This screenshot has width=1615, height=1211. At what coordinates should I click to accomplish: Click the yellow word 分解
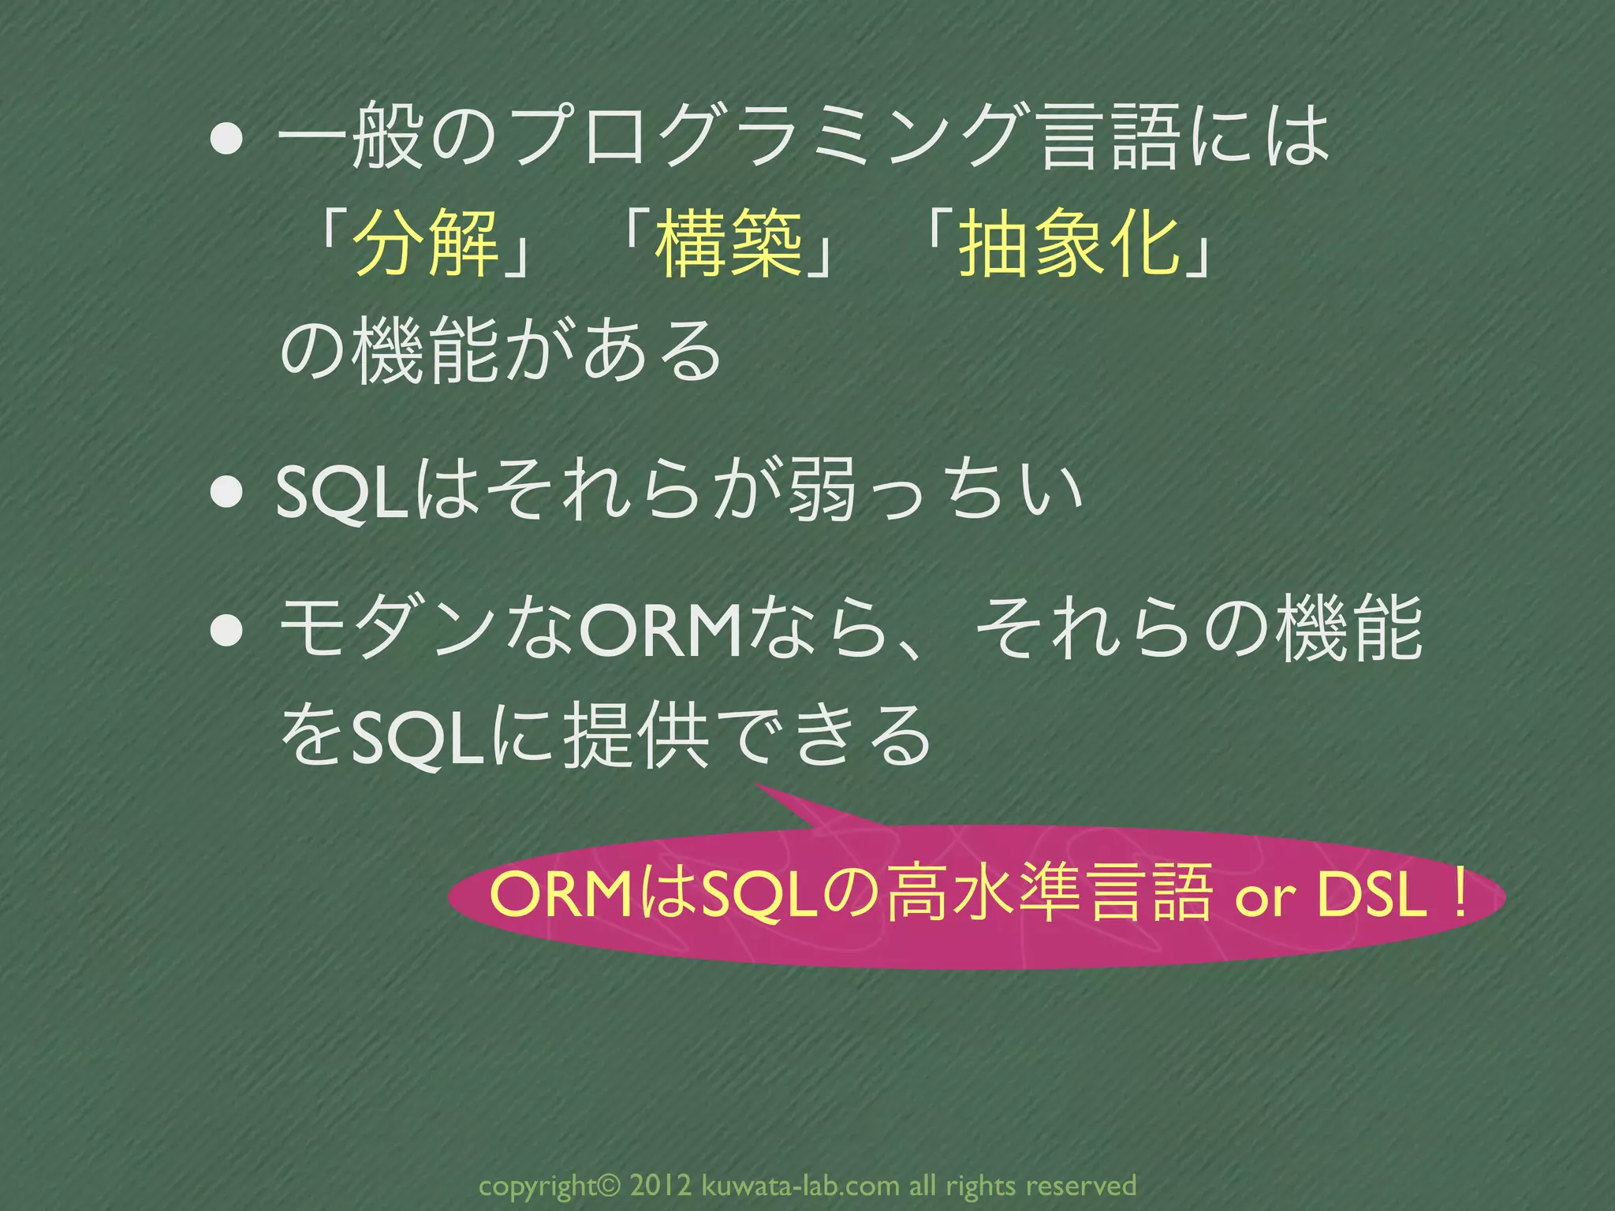click(427, 244)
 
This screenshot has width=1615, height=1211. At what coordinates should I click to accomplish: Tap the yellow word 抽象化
click(1069, 244)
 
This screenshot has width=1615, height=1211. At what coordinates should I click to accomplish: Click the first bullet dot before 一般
click(226, 140)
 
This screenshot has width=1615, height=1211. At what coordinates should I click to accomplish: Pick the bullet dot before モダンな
click(226, 631)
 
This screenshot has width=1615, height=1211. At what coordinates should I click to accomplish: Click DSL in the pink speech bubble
click(1372, 896)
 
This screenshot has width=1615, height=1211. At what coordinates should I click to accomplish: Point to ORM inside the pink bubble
click(560, 896)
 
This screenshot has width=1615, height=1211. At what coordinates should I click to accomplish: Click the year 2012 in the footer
click(661, 1185)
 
